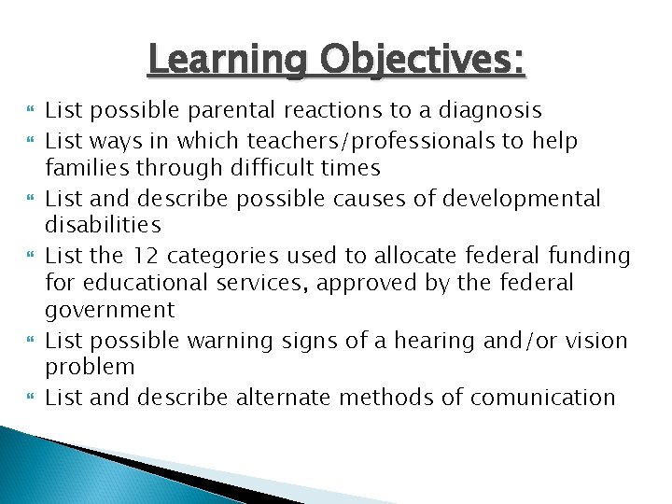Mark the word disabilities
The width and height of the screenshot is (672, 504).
(103, 226)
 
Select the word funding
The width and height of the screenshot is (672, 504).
(593, 255)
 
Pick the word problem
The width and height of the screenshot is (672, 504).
(90, 368)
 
